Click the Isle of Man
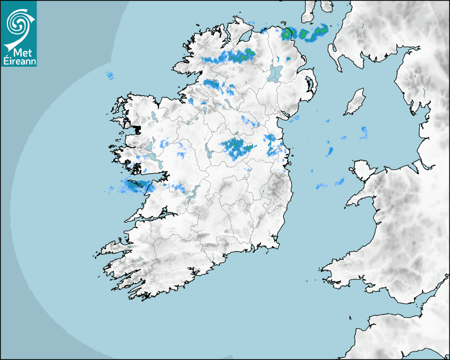pyautogui.click(x=355, y=102)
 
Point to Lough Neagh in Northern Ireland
pyautogui.click(x=275, y=73)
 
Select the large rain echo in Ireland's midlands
pyautogui.click(x=235, y=147)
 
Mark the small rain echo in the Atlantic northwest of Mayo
pyautogui.click(x=110, y=75)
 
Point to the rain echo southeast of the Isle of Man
pyautogui.click(x=363, y=132)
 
